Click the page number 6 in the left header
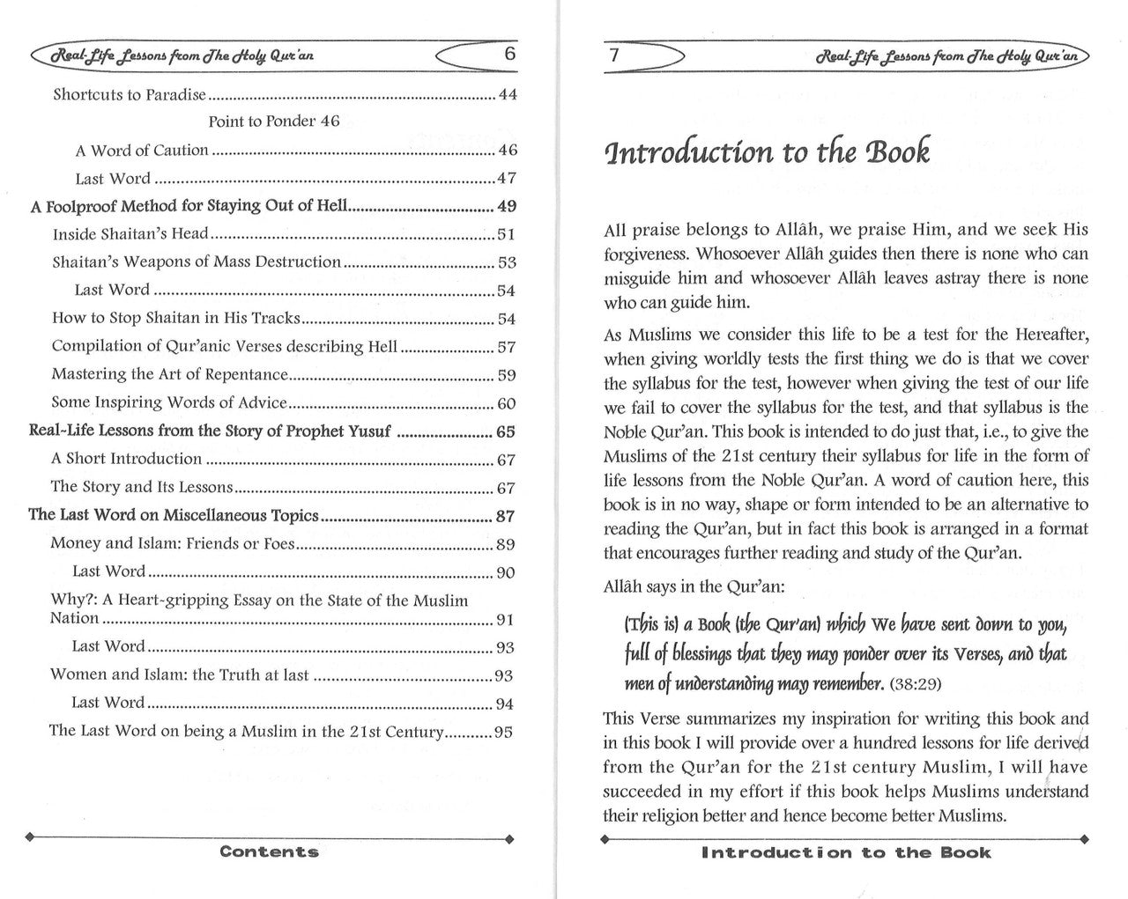[509, 53]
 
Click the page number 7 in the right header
[613, 55]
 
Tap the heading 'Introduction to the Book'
[767, 152]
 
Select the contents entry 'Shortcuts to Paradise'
[130, 94]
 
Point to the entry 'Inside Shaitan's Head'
[130, 234]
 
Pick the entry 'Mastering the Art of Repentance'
[170, 374]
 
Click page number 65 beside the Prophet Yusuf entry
[506, 432]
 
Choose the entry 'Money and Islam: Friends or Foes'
[173, 544]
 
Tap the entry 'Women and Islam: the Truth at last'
[180, 675]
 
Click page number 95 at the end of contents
[503, 732]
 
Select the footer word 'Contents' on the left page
[269, 851]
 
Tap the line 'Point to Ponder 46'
[274, 122]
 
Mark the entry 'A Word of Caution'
[142, 151]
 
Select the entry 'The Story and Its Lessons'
[142, 487]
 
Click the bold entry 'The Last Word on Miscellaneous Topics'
[174, 515]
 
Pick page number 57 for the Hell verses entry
[507, 348]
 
